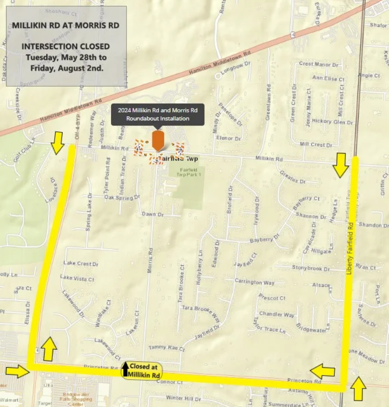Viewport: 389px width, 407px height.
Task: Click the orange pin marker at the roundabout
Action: (157, 140)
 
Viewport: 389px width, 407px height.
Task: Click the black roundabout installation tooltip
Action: (157, 114)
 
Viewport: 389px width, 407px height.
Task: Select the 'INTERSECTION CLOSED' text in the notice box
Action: (65, 46)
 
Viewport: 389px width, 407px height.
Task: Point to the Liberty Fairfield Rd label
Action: (350, 248)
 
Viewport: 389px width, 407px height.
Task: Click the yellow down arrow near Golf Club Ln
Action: (57, 143)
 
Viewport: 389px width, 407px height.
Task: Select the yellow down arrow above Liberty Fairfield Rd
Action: (341, 165)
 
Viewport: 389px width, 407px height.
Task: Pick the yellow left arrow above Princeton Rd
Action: (322, 371)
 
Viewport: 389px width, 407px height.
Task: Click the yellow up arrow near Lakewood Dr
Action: (49, 349)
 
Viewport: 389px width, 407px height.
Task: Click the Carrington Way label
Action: (254, 282)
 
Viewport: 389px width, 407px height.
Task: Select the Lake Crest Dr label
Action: (81, 263)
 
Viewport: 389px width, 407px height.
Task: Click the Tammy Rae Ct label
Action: (166, 348)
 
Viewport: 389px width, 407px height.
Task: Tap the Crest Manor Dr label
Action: (319, 64)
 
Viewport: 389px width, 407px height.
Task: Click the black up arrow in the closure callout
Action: (125, 369)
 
